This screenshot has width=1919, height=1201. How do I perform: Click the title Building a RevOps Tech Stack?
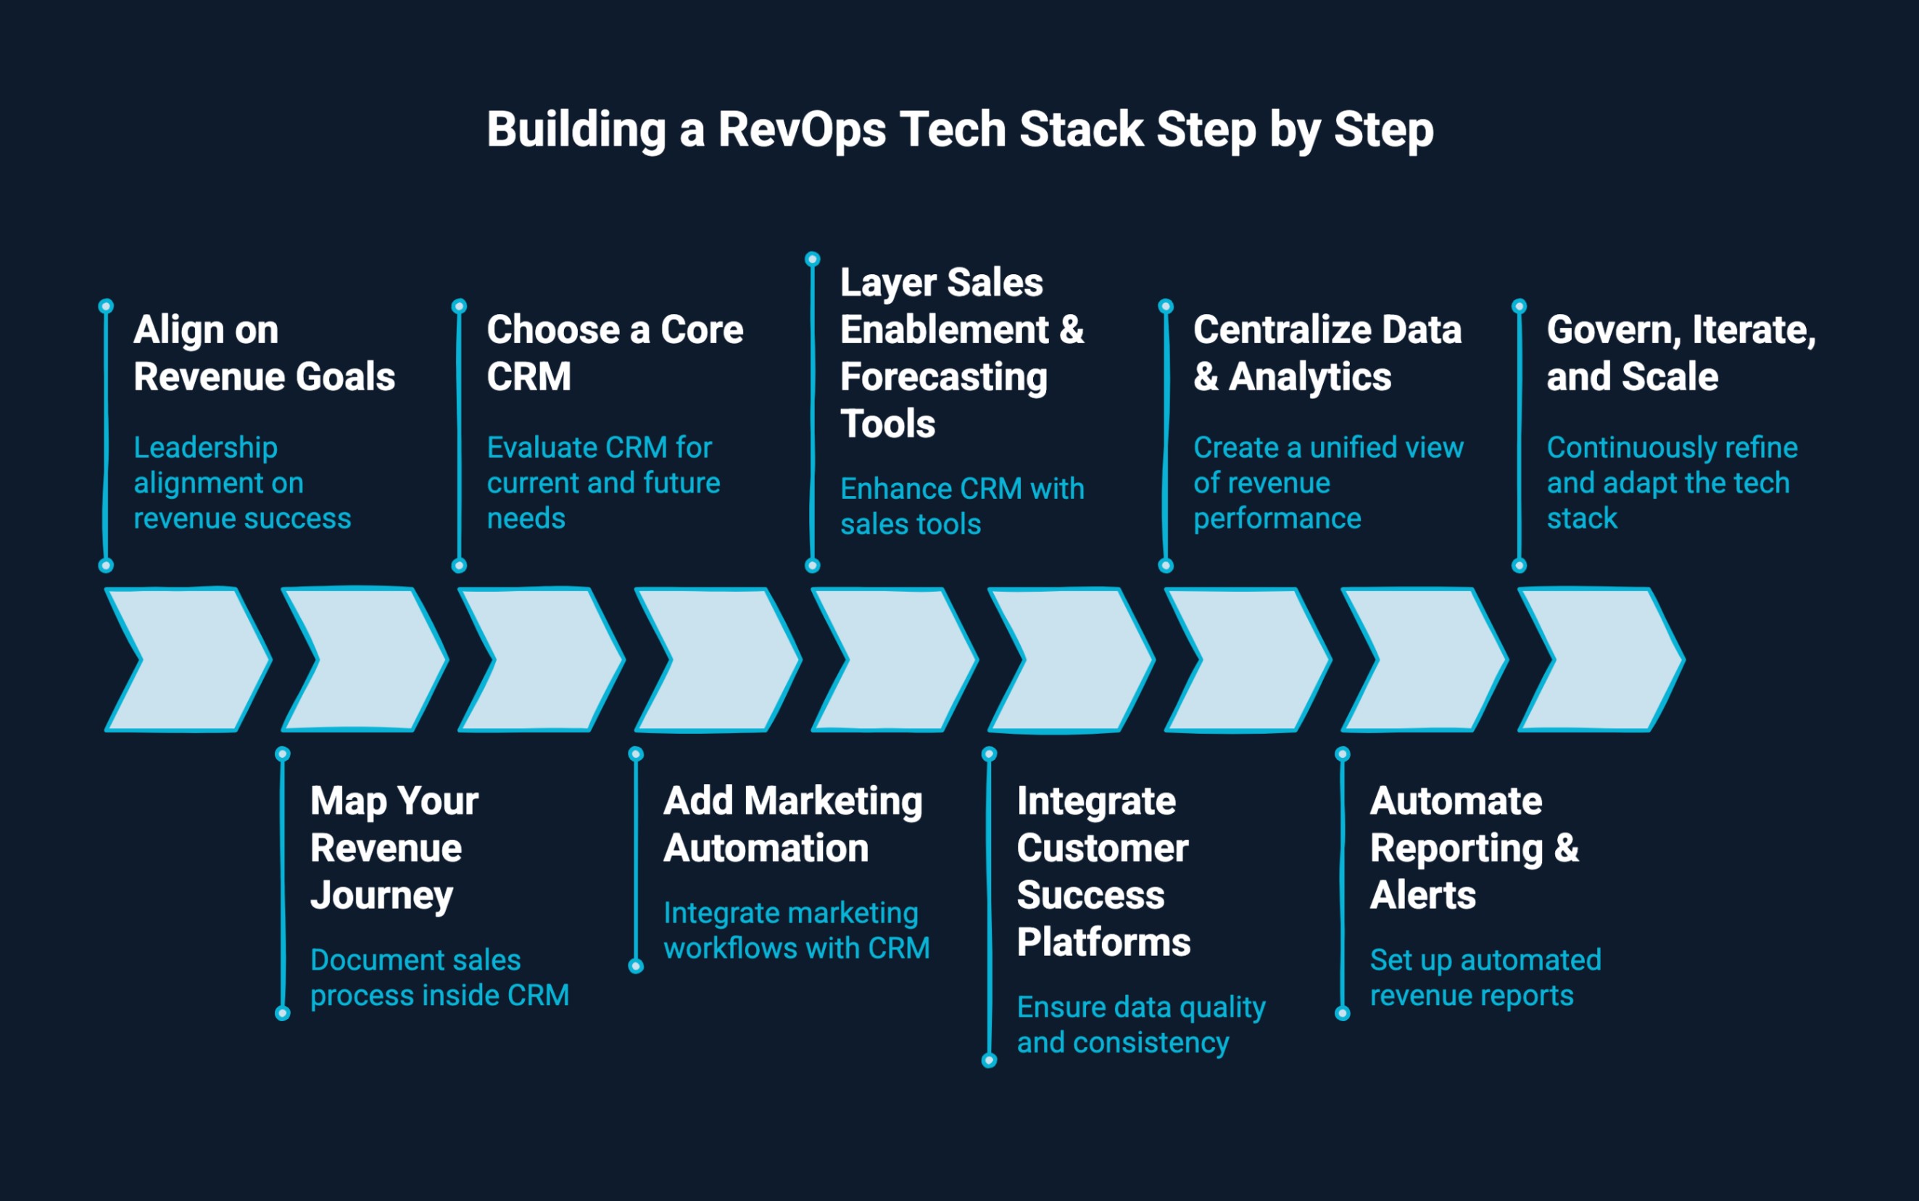[x=959, y=130]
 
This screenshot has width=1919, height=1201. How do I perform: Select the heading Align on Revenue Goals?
[x=264, y=352]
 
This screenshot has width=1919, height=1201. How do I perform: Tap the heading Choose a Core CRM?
[x=615, y=352]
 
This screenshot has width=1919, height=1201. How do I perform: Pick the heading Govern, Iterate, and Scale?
[x=1680, y=352]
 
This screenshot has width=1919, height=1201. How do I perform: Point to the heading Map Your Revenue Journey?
[x=394, y=848]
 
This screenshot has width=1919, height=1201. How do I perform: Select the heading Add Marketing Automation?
[x=792, y=825]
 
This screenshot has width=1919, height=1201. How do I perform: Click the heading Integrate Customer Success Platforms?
[x=1103, y=871]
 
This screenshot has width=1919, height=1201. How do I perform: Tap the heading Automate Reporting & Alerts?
[x=1474, y=848]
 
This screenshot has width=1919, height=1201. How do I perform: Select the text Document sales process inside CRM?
[x=439, y=978]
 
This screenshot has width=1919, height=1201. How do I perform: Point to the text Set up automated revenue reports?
[x=1485, y=978]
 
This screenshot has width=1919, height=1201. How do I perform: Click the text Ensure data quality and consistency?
[x=1140, y=1025]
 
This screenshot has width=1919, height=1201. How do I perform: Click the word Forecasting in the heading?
[x=943, y=377]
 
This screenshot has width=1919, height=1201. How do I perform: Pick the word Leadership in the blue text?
[x=206, y=448]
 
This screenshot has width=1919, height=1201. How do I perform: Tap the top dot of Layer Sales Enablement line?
[x=812, y=259]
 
